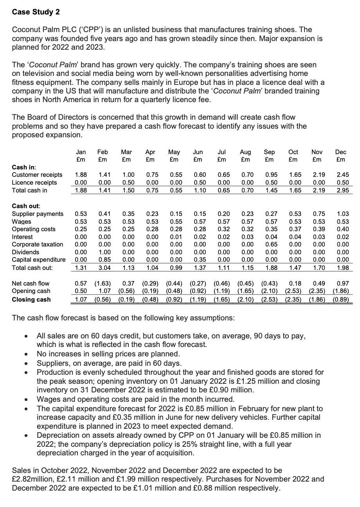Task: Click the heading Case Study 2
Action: pyautogui.click(x=36, y=12)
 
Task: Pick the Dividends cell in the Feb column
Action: pyautogui.click(x=103, y=252)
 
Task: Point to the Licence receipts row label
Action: pyautogui.click(x=34, y=183)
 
